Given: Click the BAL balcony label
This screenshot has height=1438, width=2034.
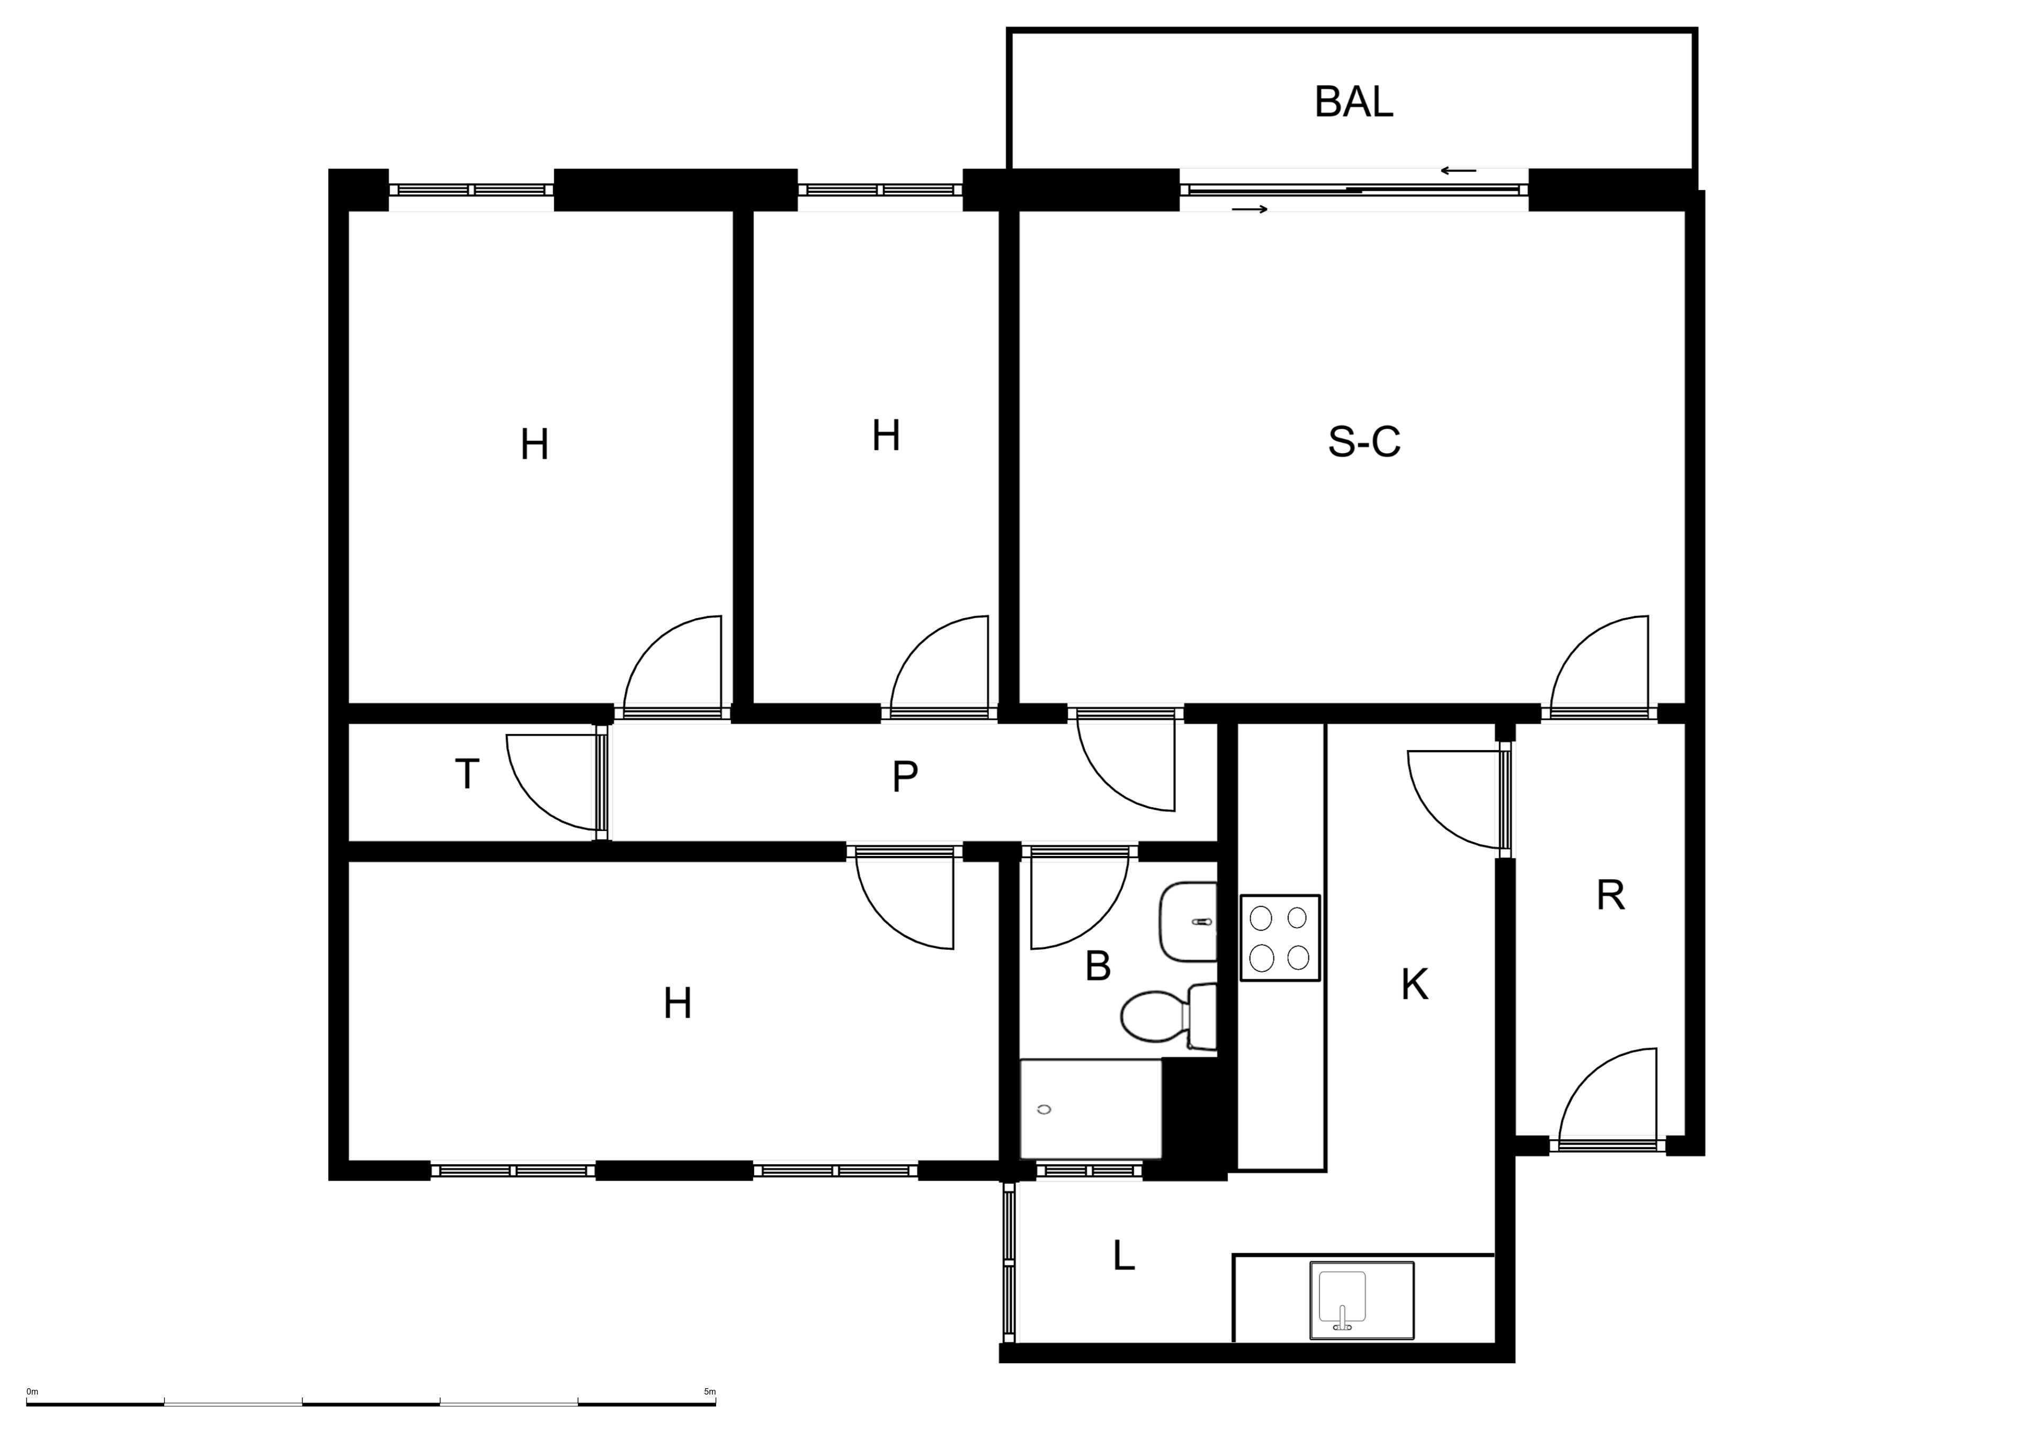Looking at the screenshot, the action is (1354, 102).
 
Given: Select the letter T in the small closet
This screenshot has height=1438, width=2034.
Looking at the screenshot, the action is (467, 773).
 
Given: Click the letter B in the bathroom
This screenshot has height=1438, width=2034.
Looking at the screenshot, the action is (1098, 966).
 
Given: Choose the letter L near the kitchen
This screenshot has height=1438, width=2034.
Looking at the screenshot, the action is (1123, 1255).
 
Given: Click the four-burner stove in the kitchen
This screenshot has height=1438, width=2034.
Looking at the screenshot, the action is (1280, 937).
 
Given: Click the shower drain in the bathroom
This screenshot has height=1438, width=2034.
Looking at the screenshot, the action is (1043, 1109).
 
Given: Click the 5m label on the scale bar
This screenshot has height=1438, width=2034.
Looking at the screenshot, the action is (710, 1392).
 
